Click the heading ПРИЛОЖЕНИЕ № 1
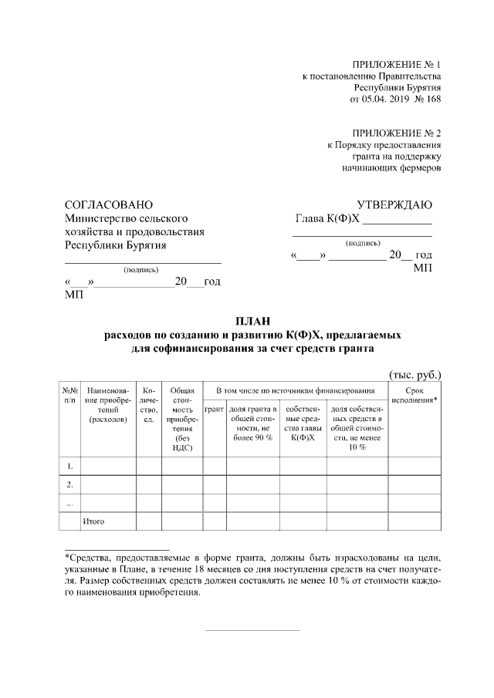(x=395, y=64)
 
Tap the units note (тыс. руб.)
(x=414, y=374)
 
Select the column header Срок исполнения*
(x=414, y=396)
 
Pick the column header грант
(x=214, y=408)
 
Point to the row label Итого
(x=93, y=521)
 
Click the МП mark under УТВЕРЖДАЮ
(x=422, y=268)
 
